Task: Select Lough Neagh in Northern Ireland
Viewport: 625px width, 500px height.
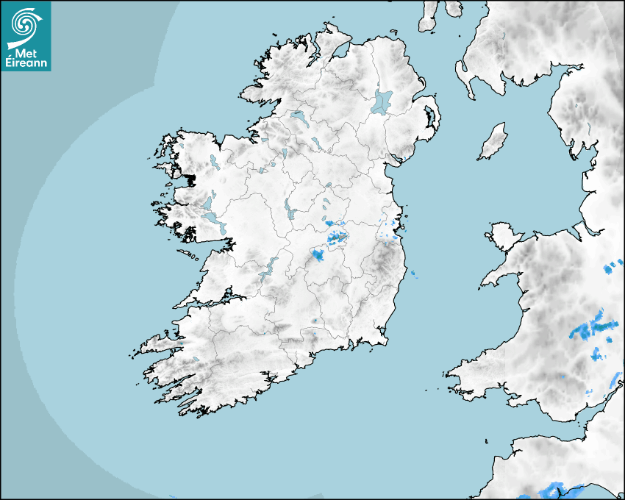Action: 382,101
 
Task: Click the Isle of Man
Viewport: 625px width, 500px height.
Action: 493,142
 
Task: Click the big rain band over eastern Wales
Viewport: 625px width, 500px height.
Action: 593,327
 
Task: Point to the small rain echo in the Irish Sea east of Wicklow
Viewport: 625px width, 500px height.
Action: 413,275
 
